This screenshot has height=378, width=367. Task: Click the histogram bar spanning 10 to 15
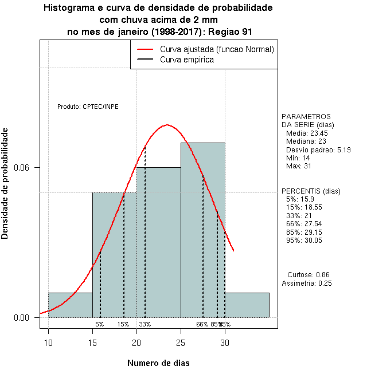click(x=71, y=305)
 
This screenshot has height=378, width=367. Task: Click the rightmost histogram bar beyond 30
click(x=247, y=305)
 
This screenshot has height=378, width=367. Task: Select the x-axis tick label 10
click(x=48, y=344)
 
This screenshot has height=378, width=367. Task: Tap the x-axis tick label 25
click(x=181, y=344)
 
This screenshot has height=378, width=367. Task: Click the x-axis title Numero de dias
click(x=158, y=363)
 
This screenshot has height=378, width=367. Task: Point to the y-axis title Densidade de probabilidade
click(x=5, y=183)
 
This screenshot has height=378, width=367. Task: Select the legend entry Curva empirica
click(x=187, y=59)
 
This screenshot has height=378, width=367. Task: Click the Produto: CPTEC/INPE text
click(x=88, y=107)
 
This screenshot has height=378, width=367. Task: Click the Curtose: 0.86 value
click(x=308, y=274)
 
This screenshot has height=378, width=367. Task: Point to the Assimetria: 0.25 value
click(x=307, y=283)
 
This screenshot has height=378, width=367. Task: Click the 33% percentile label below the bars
click(x=145, y=324)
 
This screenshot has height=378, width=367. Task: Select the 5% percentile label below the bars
click(x=100, y=324)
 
